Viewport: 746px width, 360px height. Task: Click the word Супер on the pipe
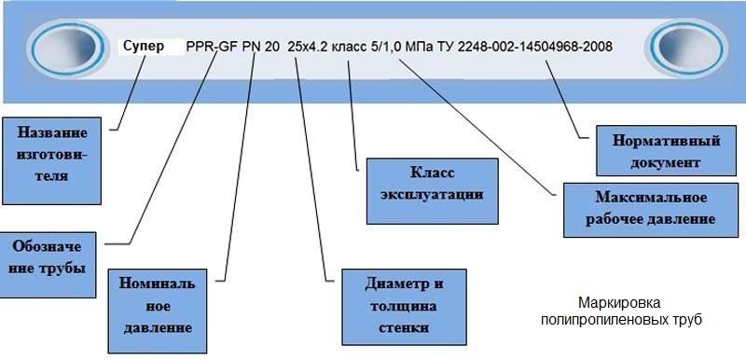(144, 46)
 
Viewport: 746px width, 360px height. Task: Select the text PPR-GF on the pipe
(213, 47)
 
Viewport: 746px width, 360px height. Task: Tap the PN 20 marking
(261, 47)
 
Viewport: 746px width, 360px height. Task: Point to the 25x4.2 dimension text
(308, 47)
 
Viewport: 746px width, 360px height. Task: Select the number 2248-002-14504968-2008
(535, 47)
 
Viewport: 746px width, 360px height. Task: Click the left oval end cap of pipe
(68, 48)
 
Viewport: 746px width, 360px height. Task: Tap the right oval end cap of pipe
(686, 48)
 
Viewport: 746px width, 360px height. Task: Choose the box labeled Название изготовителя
(51, 160)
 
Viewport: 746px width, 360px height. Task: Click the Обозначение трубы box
(48, 265)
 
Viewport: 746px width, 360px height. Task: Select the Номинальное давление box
(158, 311)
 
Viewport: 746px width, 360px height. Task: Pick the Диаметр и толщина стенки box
(404, 307)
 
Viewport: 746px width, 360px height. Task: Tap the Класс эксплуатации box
(432, 191)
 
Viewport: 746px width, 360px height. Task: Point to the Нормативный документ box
(666, 151)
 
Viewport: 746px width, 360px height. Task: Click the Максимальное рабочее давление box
(651, 210)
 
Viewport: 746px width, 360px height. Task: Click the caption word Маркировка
(619, 303)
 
